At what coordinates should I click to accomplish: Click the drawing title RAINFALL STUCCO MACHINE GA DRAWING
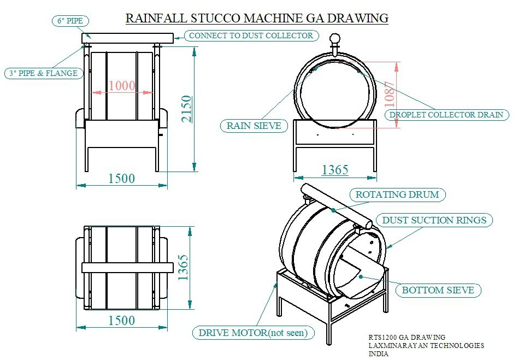[x=257, y=18]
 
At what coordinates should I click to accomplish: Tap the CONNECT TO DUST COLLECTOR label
[x=251, y=36]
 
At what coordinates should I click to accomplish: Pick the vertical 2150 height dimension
[x=186, y=109]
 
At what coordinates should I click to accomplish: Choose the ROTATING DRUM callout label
[x=397, y=194]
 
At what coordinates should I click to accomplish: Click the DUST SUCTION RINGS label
[x=434, y=220]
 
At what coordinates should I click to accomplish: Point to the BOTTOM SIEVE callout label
[x=438, y=290]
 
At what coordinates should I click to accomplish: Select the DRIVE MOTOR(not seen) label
[x=253, y=332]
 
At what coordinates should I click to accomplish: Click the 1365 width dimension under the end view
[x=335, y=170]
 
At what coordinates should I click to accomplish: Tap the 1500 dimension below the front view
[x=121, y=178]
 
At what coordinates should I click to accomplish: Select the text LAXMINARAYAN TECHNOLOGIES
[x=426, y=345]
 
